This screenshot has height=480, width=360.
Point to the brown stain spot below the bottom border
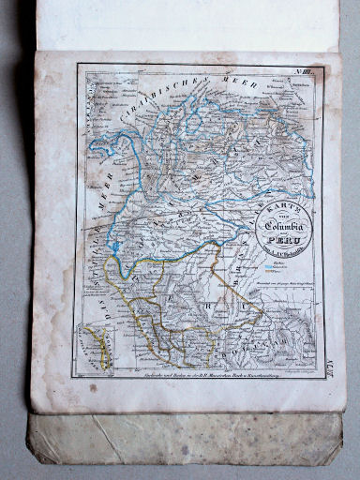(92, 386)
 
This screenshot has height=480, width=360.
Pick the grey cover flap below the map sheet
(187, 441)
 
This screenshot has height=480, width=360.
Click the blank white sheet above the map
(187, 23)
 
